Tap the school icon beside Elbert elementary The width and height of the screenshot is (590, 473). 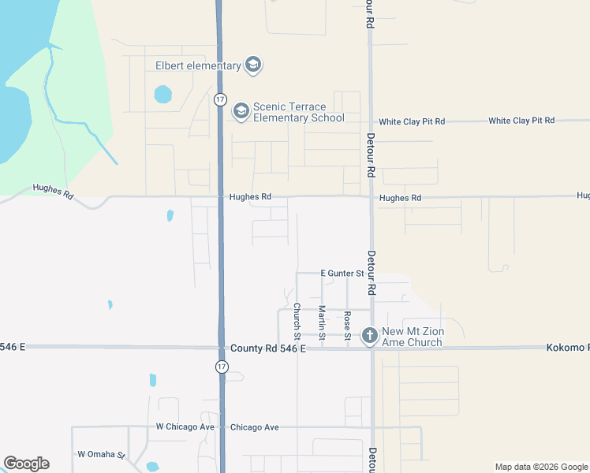(x=253, y=65)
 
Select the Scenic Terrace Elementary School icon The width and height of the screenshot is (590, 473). (x=241, y=112)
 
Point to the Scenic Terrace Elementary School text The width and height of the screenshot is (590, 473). (x=298, y=113)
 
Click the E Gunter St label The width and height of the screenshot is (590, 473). (x=341, y=273)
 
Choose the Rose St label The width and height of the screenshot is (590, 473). (x=347, y=324)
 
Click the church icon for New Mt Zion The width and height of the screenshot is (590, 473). (x=368, y=337)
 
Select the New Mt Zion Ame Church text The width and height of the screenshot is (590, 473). (x=412, y=337)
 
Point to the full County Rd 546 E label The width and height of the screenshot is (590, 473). (x=267, y=348)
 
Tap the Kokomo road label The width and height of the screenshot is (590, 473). (x=567, y=348)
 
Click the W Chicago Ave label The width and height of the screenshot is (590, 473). (x=185, y=427)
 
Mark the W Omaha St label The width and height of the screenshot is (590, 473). (x=101, y=455)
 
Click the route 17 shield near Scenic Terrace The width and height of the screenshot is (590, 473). (x=220, y=99)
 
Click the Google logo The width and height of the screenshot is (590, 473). (x=26, y=464)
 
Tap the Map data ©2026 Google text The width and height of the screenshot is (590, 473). (x=541, y=467)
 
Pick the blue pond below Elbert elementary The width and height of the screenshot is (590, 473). (x=162, y=95)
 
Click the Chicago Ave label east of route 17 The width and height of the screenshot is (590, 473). (x=254, y=427)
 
